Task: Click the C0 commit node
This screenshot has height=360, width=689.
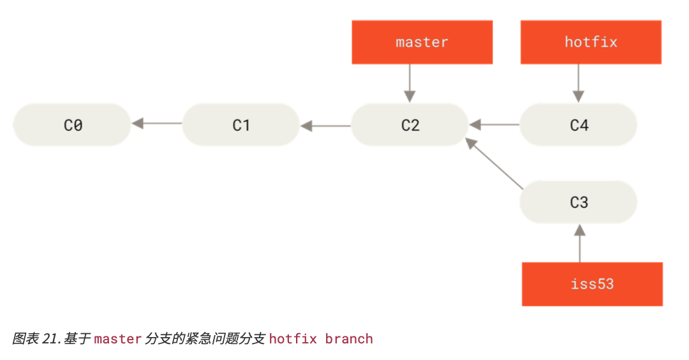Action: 72,125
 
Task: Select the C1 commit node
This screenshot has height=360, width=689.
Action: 241,125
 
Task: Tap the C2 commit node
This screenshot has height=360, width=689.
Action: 410,125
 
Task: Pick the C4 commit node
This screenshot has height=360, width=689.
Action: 578,125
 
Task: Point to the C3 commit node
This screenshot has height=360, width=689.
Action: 578,202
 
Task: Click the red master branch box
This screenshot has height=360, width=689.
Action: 422,42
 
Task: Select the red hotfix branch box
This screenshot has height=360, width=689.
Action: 591,42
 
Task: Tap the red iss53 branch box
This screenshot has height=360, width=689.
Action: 592,284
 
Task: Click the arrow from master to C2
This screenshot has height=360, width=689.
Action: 410,84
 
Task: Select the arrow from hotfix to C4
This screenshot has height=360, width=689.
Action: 578,84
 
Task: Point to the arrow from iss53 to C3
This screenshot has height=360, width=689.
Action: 579,243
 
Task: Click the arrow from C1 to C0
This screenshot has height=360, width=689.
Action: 156,124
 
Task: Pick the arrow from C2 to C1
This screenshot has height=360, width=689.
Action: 325,126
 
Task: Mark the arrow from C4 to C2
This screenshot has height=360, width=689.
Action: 494,125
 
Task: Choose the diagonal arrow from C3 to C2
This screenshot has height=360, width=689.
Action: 494,163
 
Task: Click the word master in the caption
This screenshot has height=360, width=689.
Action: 118,339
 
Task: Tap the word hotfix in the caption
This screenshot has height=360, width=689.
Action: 293,339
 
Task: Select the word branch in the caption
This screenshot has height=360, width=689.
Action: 349,339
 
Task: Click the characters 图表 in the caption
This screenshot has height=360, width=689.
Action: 26,339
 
